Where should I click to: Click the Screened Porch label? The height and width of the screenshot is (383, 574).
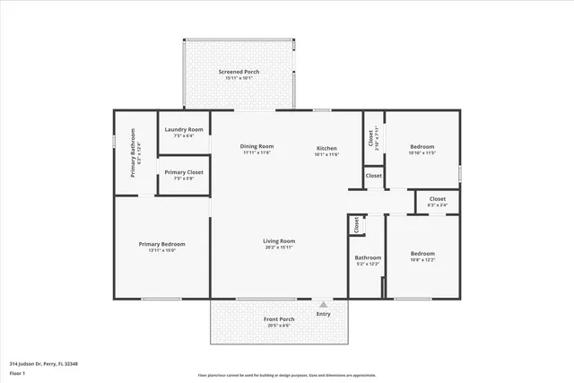click(239, 72)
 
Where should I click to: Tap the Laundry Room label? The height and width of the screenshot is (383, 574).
click(183, 130)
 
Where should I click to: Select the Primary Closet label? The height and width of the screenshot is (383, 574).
click(183, 172)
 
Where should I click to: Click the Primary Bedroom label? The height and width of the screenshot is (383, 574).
click(161, 244)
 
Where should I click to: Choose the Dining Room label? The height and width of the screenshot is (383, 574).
click(257, 146)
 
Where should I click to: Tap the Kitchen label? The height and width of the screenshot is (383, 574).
click(326, 148)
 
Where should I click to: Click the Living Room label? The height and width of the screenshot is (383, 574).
click(279, 240)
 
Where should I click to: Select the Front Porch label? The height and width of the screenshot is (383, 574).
click(279, 319)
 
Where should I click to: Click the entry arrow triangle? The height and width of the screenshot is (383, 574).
click(323, 304)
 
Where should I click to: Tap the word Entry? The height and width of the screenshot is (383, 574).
click(323, 314)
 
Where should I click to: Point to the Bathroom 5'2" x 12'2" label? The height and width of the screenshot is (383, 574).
click(368, 258)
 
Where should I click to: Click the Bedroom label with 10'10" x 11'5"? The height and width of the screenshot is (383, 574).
click(422, 146)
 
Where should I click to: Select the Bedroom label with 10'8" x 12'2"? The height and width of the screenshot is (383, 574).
click(422, 254)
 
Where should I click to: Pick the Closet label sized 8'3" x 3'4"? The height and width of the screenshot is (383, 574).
click(437, 199)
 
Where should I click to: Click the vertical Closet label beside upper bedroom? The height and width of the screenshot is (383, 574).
click(371, 138)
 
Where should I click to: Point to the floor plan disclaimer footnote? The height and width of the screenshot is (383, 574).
click(287, 375)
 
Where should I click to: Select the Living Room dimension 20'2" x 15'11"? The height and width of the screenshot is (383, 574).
click(279, 247)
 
